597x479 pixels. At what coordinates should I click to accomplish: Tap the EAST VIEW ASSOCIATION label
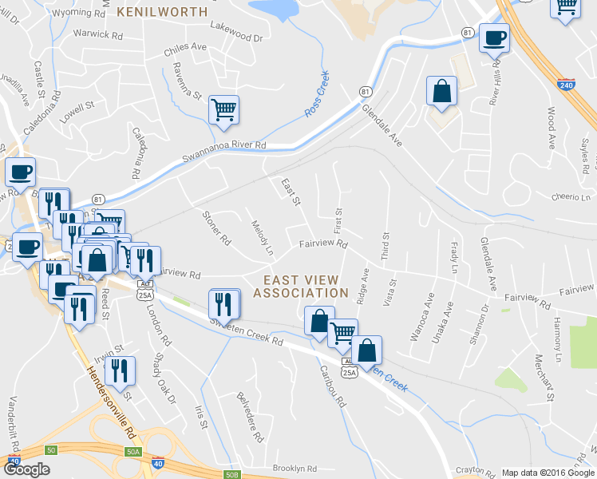coord(301,287)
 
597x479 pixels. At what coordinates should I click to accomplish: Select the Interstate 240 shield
coord(567,83)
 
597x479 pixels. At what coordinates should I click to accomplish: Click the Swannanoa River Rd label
coord(223,145)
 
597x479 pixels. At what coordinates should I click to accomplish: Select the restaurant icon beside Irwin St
coord(120,371)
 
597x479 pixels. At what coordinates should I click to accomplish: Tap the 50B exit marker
coord(232,475)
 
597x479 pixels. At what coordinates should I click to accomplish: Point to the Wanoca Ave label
coord(417,317)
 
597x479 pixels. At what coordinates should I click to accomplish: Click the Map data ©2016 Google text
coord(547,473)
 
